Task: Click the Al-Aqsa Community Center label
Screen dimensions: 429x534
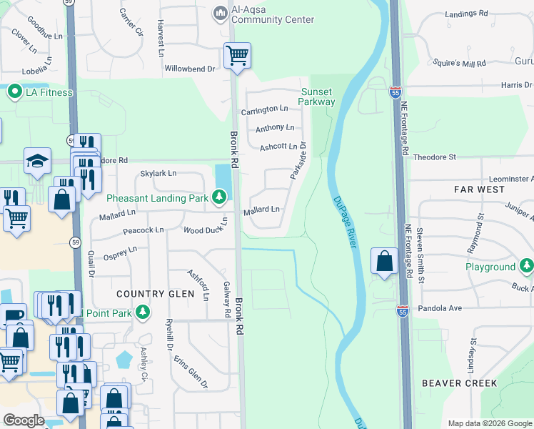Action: coord(263,15)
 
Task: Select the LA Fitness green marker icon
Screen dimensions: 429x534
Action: coord(14,92)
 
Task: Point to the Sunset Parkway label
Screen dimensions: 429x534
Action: coord(318,97)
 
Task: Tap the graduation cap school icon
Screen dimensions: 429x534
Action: coord(37,162)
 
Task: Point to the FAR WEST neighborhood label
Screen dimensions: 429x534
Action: coord(479,190)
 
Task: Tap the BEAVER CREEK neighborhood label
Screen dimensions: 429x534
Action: coord(459,383)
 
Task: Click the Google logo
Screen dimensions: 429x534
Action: coord(24,420)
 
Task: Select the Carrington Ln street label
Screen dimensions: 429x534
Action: coord(264,109)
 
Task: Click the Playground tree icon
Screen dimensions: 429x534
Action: coord(526,267)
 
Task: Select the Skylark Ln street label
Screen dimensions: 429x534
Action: coord(158,174)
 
